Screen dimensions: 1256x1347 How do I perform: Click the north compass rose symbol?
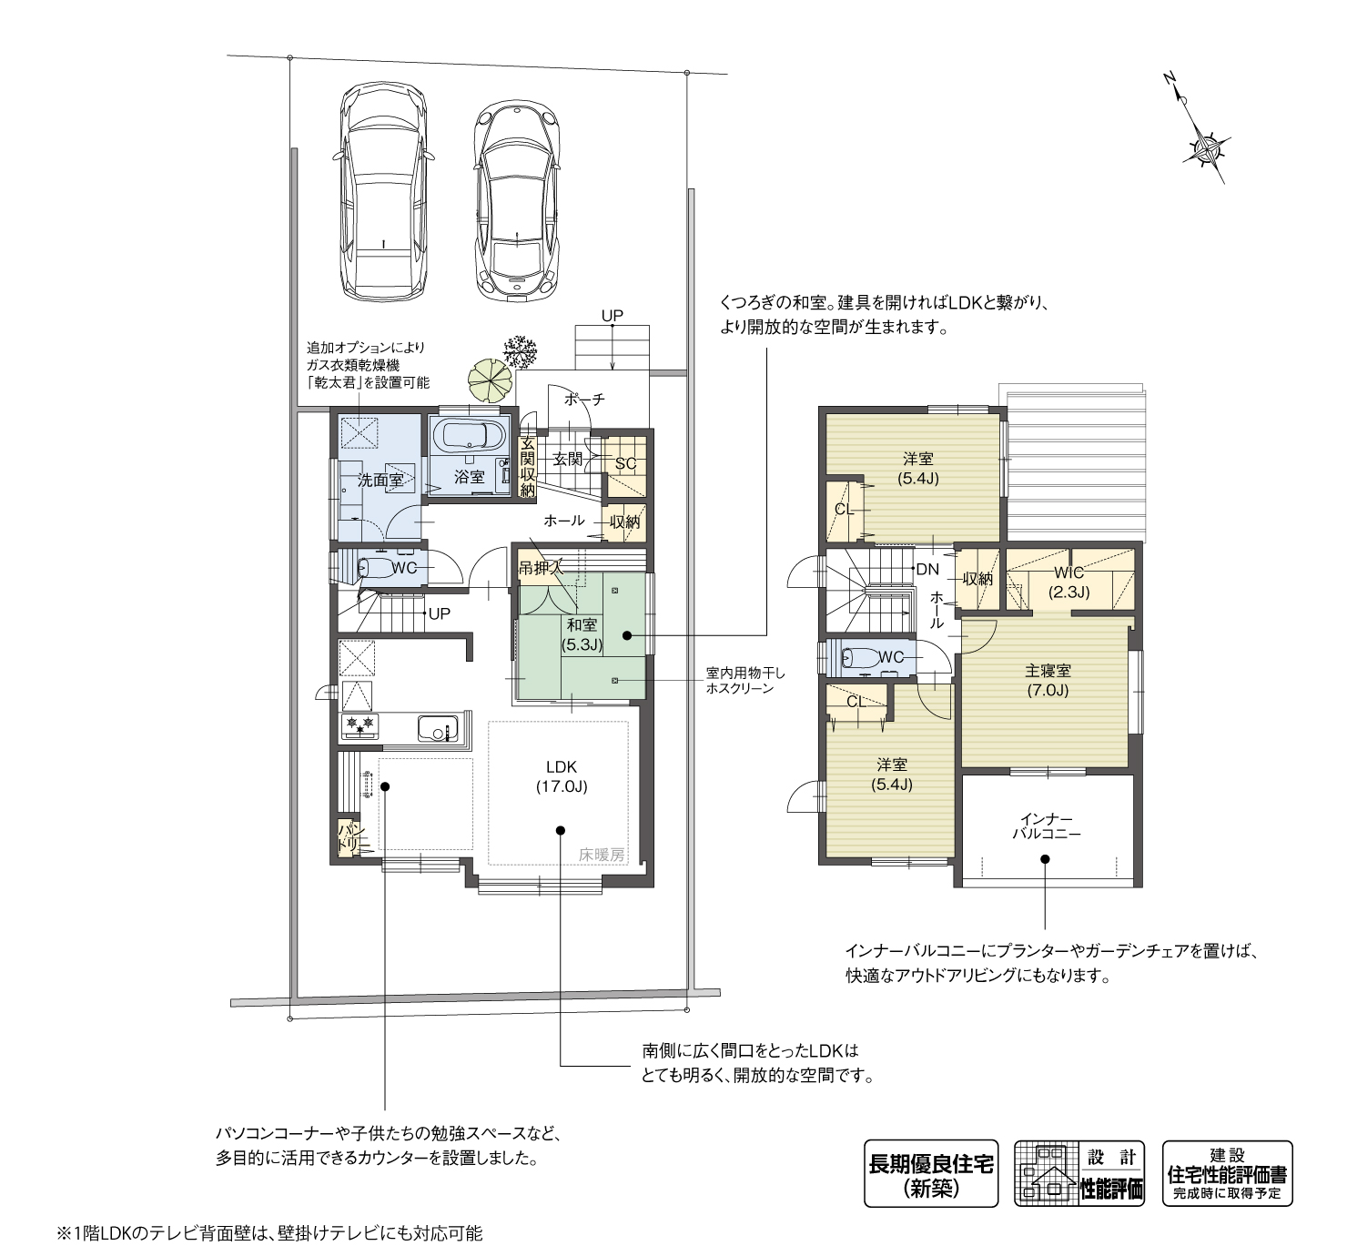point(1207,147)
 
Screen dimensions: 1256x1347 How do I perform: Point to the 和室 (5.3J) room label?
point(582,634)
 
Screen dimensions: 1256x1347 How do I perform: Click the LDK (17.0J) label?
point(562,776)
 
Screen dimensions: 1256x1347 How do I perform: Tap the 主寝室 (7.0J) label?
point(1048,680)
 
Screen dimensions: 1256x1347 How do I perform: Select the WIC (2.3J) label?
point(1068,582)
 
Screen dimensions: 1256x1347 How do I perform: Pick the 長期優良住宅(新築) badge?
point(931,1173)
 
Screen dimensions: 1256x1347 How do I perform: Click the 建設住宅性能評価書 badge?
point(1227,1173)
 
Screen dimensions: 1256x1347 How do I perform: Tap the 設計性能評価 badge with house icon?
point(1080,1173)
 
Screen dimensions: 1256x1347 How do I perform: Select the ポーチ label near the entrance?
point(584,400)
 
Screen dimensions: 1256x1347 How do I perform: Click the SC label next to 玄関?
point(625,464)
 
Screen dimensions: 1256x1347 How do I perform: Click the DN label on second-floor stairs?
point(927,570)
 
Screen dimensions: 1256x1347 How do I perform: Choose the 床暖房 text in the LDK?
point(603,855)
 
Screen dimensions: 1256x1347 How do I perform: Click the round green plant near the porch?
point(490,381)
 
